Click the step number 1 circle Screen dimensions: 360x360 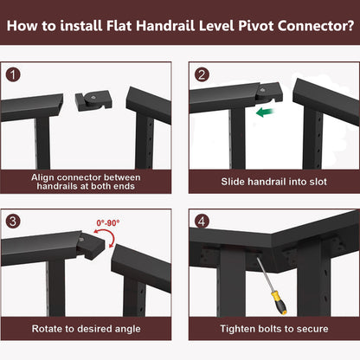coord(13,74)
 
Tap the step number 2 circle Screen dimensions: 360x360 coord(202,74)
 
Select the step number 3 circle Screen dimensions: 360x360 coord(13,222)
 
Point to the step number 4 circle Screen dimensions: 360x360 coord(202,222)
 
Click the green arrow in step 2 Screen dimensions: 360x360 coord(266,112)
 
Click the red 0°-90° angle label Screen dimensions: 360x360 coord(108,222)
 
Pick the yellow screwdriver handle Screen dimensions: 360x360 coord(280,303)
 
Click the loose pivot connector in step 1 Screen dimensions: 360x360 coord(93,100)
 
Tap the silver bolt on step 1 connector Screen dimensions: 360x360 coord(93,97)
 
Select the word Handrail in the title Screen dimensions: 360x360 coord(165,26)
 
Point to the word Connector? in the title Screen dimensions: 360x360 coord(316,26)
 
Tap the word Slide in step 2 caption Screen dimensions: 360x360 coord(232,182)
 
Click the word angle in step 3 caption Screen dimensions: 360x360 coord(128,330)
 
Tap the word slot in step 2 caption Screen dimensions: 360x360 coord(318,182)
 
